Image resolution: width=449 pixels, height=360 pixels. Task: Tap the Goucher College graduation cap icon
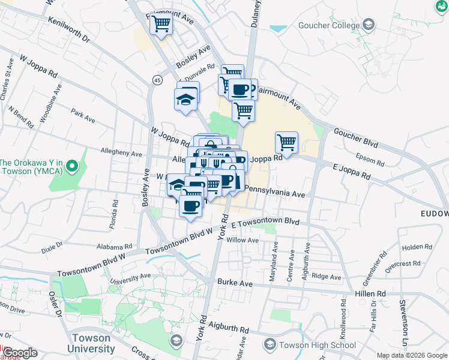tap(369, 25)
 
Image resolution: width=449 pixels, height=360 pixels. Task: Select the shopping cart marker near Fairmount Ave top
tap(161, 25)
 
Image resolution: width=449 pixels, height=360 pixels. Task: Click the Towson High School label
tap(318, 345)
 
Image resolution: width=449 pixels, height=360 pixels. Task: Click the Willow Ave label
tap(242, 240)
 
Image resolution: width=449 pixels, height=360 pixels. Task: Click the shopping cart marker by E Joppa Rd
tap(286, 143)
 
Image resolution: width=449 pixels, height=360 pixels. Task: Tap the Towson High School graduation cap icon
tap(271, 345)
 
